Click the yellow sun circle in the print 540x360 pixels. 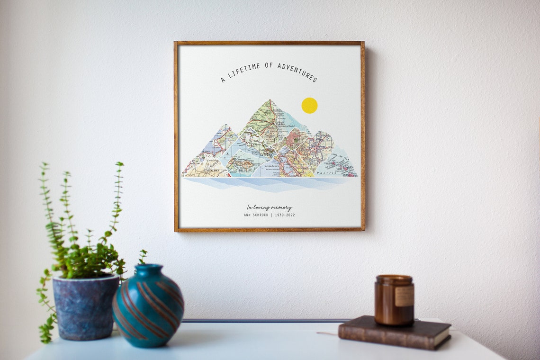click(309, 105)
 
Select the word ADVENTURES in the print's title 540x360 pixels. click(297, 71)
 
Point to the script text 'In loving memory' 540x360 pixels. click(269, 207)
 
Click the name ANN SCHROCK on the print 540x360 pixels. click(256, 215)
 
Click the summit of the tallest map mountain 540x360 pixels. click(270, 100)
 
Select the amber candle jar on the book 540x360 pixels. click(394, 300)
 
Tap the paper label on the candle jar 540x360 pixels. click(404, 296)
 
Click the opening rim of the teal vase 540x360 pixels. click(148, 268)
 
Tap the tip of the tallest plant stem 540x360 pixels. click(120, 163)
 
